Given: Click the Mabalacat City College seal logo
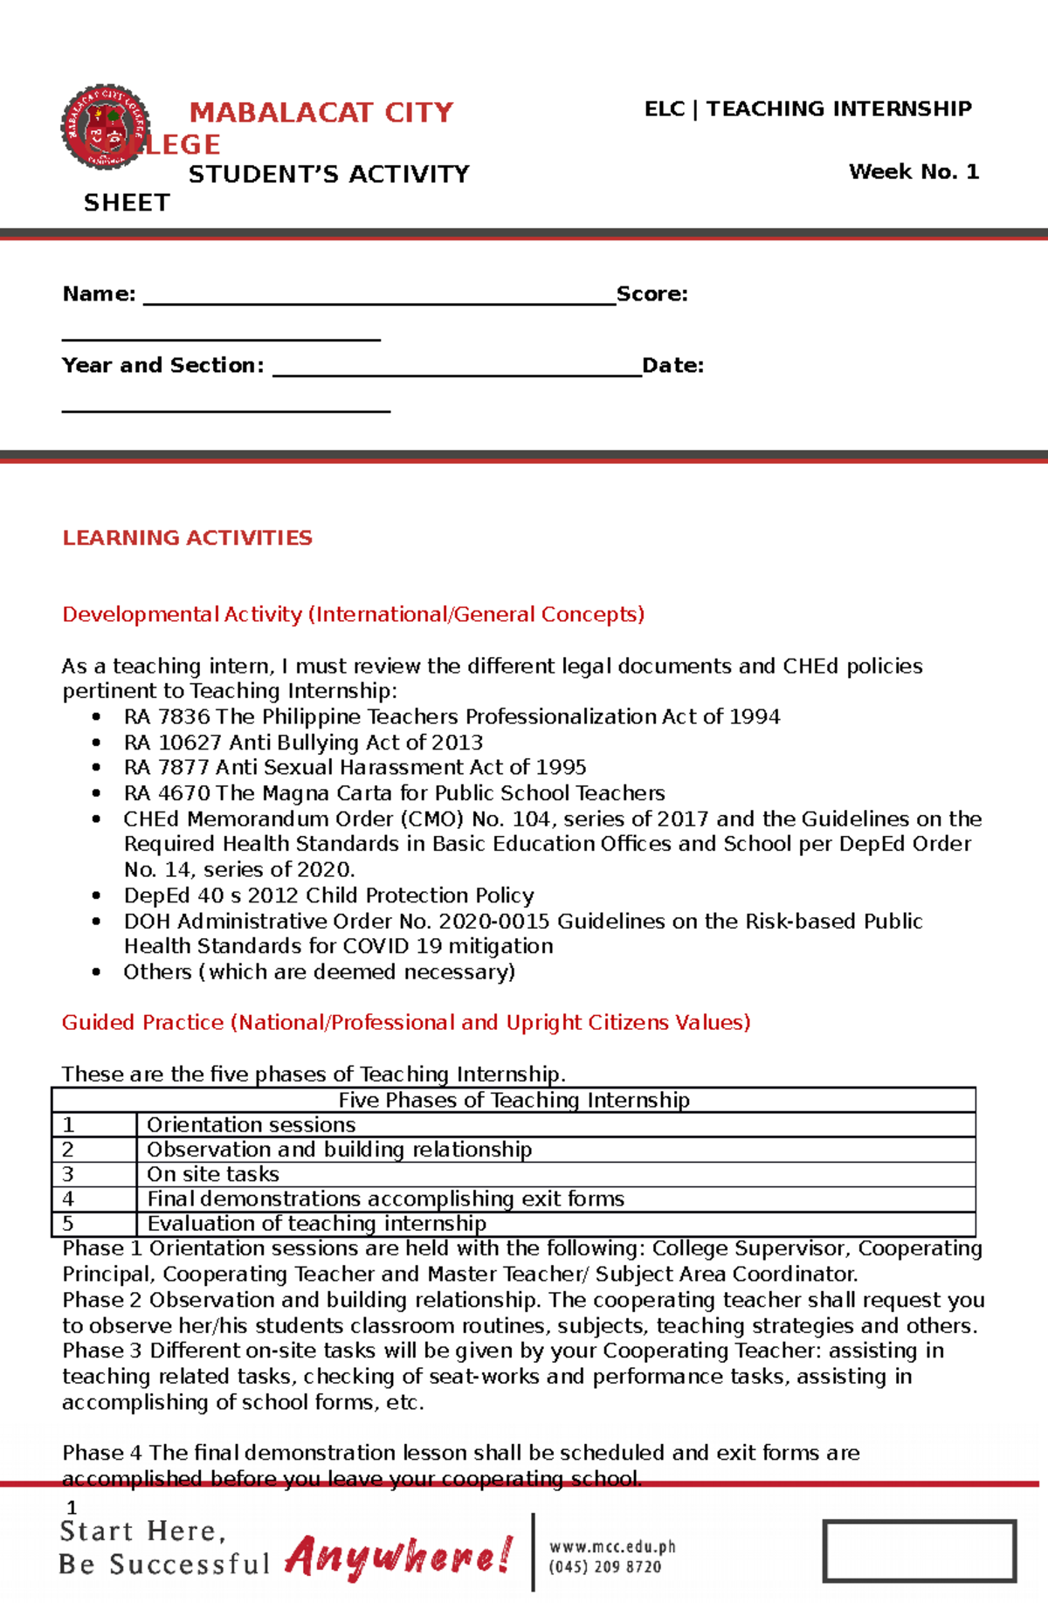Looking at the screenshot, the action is point(106,127).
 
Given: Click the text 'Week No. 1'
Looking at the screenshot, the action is point(914,172).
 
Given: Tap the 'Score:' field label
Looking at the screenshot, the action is point(652,294).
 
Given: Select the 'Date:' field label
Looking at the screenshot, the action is point(672,366).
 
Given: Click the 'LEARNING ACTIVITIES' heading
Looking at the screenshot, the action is point(187,538).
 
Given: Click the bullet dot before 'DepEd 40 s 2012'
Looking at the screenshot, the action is point(96,896).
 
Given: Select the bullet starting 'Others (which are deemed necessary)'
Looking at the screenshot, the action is point(319,972).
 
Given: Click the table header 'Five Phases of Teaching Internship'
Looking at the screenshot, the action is point(514,1100).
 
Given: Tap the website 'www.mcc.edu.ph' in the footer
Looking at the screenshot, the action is point(612,1547).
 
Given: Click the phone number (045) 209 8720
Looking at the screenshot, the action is point(604,1567).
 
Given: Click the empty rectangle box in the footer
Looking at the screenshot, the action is point(919,1551).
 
